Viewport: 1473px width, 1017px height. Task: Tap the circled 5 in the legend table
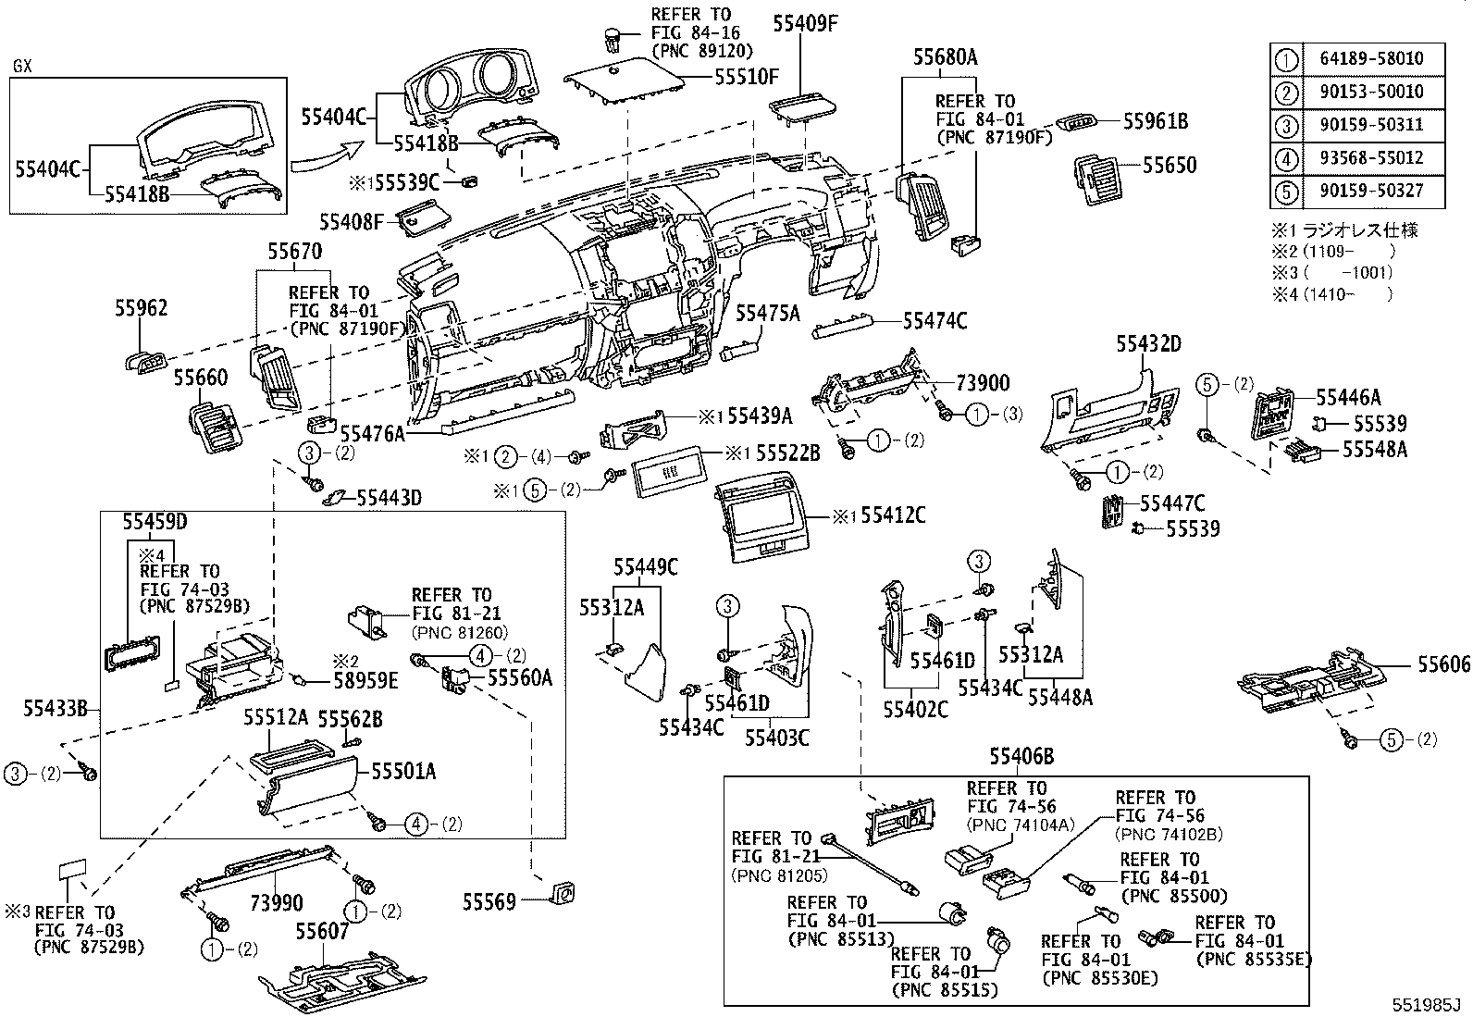click(x=1287, y=191)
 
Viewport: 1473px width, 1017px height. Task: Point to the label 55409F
click(x=804, y=25)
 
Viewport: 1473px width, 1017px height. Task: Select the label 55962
click(x=142, y=308)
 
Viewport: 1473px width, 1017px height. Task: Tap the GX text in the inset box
click(x=23, y=67)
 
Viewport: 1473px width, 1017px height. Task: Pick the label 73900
click(x=983, y=383)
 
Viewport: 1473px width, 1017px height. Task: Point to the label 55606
click(x=1443, y=664)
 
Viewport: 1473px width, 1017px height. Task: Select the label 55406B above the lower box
click(x=1021, y=757)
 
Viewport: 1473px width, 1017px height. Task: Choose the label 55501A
click(x=403, y=771)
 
